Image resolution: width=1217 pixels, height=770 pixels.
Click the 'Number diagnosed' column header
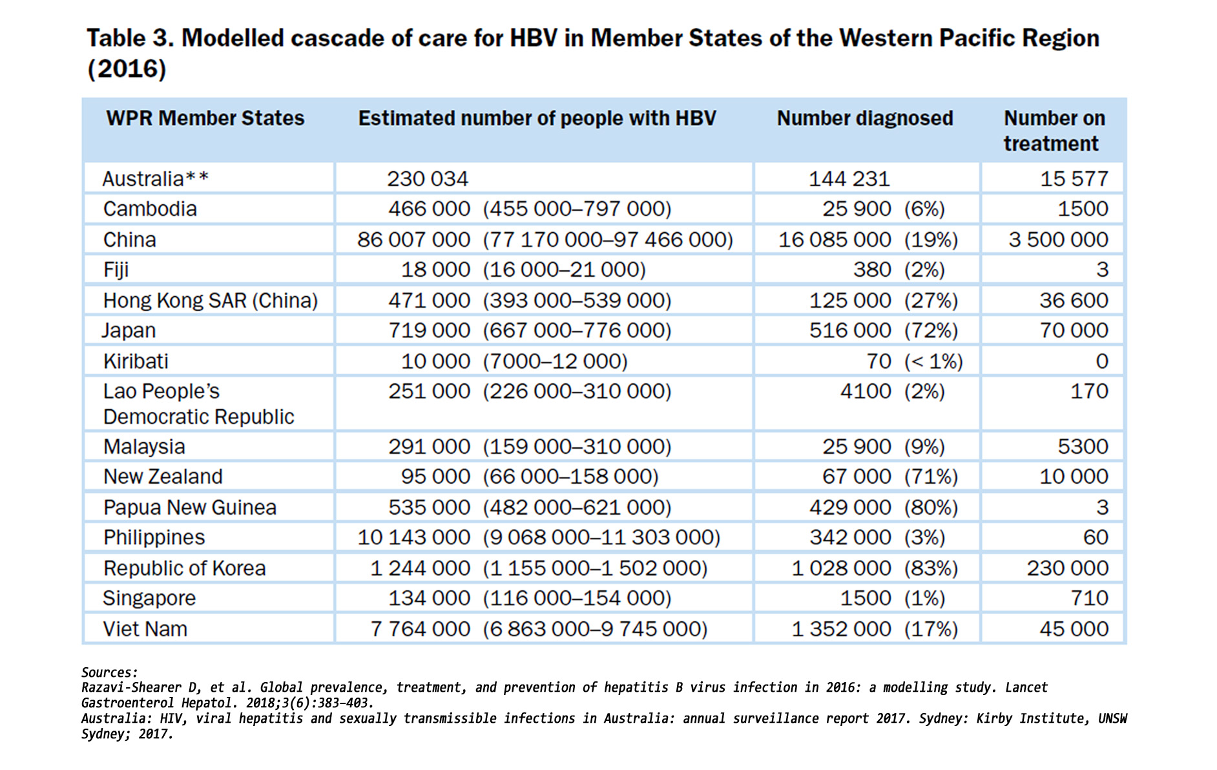864,118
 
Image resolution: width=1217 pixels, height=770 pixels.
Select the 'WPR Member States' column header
205,118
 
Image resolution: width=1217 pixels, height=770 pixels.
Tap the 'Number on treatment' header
1054,131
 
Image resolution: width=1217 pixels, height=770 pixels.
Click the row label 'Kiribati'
136,361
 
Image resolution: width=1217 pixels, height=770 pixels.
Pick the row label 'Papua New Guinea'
189,508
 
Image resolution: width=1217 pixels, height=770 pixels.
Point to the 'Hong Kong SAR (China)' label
210,301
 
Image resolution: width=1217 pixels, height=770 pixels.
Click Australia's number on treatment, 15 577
1074,179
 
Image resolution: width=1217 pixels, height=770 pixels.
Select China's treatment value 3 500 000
1058,240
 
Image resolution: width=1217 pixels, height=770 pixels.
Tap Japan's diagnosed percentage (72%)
931,330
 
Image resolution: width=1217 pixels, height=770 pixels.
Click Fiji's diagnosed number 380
871,270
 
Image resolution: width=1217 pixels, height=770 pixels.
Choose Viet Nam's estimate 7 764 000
420,629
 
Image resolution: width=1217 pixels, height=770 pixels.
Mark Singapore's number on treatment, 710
1089,598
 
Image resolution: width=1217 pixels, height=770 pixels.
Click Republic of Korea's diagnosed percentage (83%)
931,568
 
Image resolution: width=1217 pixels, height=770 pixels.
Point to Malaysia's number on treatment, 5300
1083,447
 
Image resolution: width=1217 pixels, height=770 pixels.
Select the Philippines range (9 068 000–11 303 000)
601,537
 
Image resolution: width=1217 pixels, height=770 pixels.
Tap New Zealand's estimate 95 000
435,476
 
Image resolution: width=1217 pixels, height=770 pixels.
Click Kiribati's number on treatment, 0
1102,361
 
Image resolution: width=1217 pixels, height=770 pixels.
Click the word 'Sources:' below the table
109,672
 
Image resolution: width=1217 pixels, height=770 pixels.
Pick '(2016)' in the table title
127,69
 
